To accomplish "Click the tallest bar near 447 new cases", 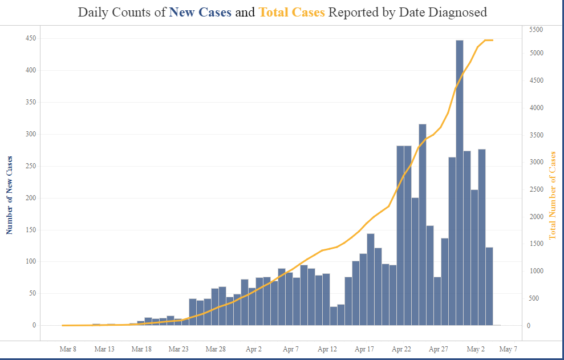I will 460,183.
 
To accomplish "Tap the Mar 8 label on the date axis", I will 68,349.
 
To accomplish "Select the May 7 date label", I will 508,349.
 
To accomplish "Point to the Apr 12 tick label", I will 327,349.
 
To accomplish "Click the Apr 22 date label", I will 401,349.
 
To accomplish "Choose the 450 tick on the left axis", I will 30,38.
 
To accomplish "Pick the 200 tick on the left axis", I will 30,198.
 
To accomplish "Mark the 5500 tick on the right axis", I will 535,29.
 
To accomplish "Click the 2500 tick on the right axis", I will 535,189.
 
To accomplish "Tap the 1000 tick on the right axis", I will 535,271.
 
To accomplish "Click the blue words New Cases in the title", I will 200,12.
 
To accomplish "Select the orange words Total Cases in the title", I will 291,12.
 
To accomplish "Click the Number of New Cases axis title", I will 9,195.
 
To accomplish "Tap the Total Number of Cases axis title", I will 552,195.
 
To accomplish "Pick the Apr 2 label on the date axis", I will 254,349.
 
